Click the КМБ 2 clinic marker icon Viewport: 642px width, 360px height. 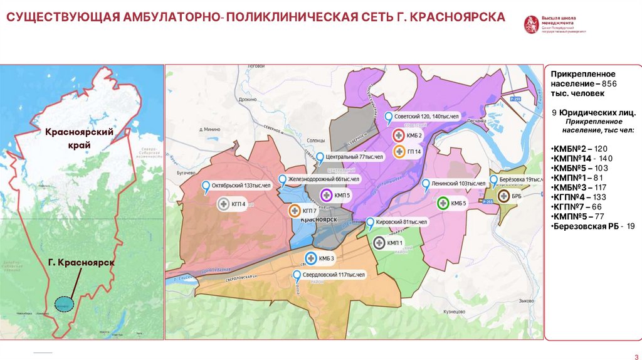(399, 135)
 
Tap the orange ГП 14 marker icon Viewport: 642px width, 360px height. (399, 151)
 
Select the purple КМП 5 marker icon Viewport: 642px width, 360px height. (326, 195)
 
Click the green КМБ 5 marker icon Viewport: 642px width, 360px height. (443, 203)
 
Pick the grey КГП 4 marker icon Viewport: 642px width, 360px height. (224, 204)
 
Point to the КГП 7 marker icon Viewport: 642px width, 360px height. (294, 211)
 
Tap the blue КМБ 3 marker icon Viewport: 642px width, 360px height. (310, 258)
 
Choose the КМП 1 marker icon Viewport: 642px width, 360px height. (379, 242)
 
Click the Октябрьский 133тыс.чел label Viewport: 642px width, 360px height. (241, 186)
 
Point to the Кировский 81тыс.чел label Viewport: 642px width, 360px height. (401, 222)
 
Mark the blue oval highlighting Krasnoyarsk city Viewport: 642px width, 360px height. (63, 304)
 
